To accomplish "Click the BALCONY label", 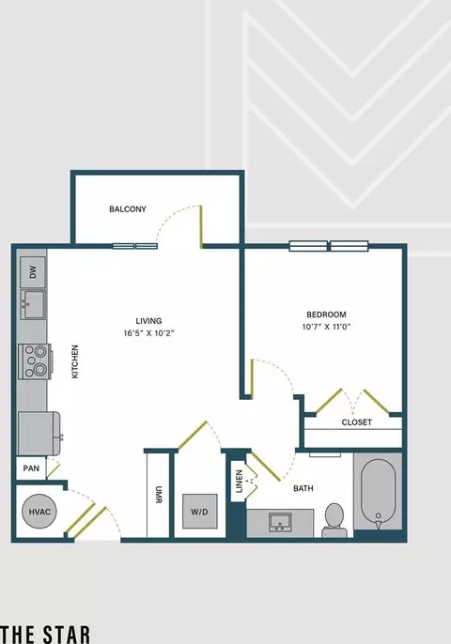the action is (x=128, y=209).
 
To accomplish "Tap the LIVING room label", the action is (x=148, y=321).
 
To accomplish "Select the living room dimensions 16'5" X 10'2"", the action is (x=148, y=333).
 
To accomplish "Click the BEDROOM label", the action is (x=326, y=314).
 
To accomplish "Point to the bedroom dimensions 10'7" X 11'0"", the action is (x=326, y=327).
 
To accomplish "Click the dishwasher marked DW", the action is (x=33, y=272).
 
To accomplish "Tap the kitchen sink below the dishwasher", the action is (x=33, y=304).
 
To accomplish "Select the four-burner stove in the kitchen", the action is (x=35, y=361).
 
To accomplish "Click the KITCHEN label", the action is (x=75, y=361).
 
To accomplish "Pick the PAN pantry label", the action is (x=31, y=468).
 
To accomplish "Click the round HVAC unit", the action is (x=39, y=512).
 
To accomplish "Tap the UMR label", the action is (x=159, y=495).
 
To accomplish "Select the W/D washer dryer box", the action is (x=199, y=512).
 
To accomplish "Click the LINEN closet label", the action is (x=239, y=482).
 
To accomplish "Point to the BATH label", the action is (x=303, y=488).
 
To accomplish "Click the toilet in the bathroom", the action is (x=334, y=519).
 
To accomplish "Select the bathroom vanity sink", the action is (x=280, y=522).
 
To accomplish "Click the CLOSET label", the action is (x=356, y=422).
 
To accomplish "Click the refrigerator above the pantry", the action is (x=39, y=434).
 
